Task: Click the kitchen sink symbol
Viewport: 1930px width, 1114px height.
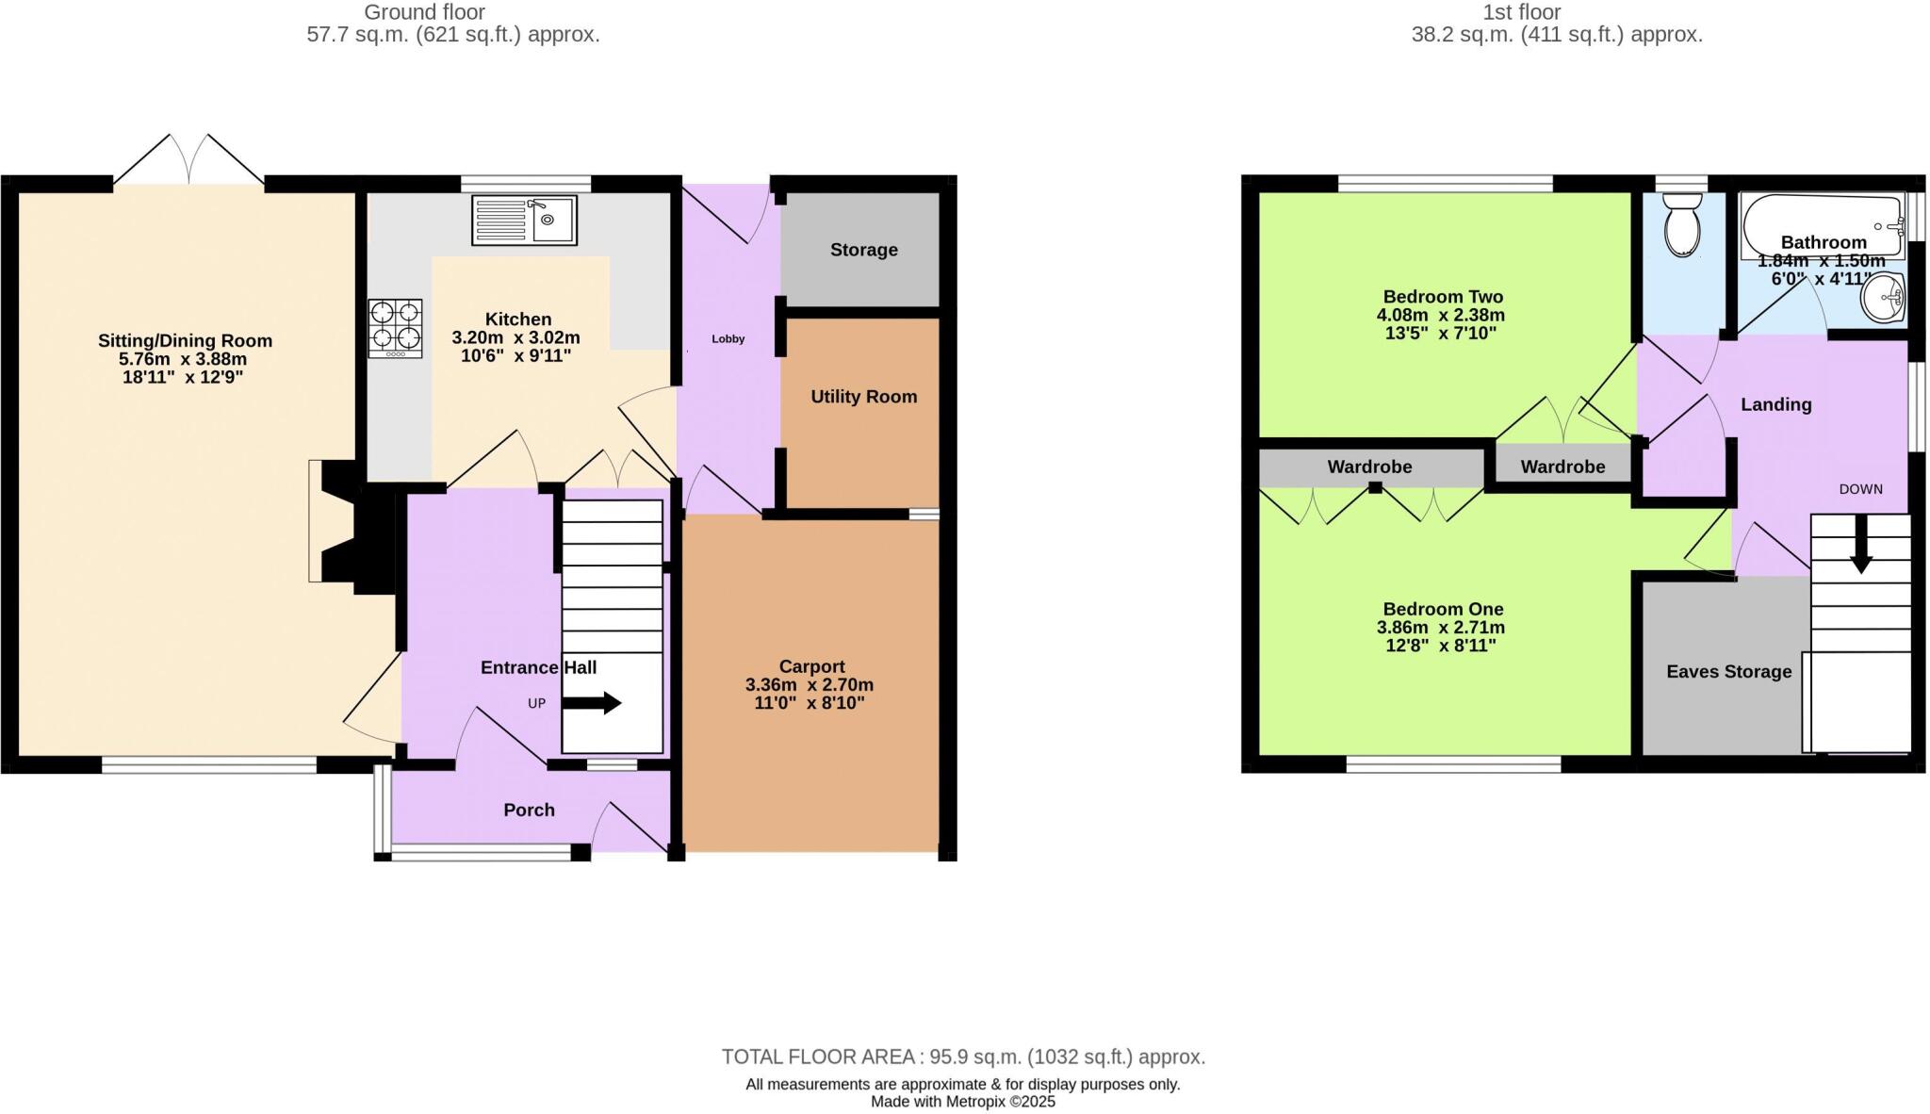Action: pyautogui.click(x=524, y=221)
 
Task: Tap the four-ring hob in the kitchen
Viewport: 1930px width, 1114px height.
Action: pyautogui.click(x=396, y=327)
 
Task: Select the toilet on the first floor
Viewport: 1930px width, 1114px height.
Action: pyautogui.click(x=1682, y=224)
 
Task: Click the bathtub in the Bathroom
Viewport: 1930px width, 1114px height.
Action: pyautogui.click(x=1822, y=219)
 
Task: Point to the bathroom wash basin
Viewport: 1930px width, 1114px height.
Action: pyautogui.click(x=1884, y=297)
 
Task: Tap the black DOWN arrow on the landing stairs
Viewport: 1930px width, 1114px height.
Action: pyautogui.click(x=1860, y=548)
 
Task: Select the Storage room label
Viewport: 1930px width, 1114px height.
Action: pyautogui.click(x=863, y=250)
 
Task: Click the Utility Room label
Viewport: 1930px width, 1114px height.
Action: pyautogui.click(x=863, y=397)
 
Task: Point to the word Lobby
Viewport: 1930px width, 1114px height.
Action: pyautogui.click(x=728, y=338)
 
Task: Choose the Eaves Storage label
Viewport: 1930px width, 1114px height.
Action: pyautogui.click(x=1728, y=672)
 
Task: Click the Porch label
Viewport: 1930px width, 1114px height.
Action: pyautogui.click(x=529, y=810)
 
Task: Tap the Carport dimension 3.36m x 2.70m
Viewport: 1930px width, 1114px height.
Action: pyautogui.click(x=810, y=685)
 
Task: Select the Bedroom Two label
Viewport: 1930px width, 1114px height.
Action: pyautogui.click(x=1442, y=297)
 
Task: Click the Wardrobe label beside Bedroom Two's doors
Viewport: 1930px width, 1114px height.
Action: pyautogui.click(x=1562, y=467)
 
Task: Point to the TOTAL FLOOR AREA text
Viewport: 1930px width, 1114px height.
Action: pyautogui.click(x=963, y=1057)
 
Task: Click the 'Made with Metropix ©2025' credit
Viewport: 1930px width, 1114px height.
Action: pyautogui.click(x=962, y=1101)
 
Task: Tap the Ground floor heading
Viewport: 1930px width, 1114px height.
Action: pyautogui.click(x=424, y=12)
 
